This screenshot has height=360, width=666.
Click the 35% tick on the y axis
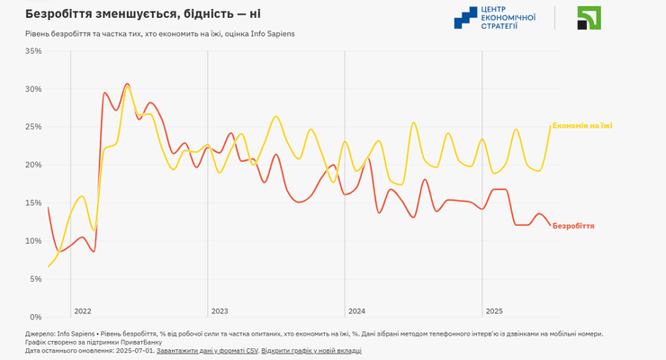tap(32, 51)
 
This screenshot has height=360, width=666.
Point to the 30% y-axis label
tap(32, 89)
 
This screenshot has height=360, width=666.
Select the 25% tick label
tap(32, 127)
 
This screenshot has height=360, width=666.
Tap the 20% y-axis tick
tap(32, 165)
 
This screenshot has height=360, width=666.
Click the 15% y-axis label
tap(32, 202)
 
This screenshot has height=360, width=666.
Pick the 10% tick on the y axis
tap(32, 240)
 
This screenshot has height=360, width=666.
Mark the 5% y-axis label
tap(35, 279)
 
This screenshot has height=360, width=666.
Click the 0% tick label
tap(35, 317)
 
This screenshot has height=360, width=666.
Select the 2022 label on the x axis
tap(83, 310)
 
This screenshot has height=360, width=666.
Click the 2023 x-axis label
tap(220, 310)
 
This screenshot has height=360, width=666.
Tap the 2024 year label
tap(356, 310)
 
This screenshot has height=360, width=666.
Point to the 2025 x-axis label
tap(494, 310)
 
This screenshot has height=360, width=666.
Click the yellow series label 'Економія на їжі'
tap(582, 125)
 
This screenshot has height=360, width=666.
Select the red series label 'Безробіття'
tap(573, 226)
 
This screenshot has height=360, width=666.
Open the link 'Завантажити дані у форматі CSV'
tap(207, 350)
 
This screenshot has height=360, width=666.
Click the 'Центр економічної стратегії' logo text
tap(508, 17)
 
